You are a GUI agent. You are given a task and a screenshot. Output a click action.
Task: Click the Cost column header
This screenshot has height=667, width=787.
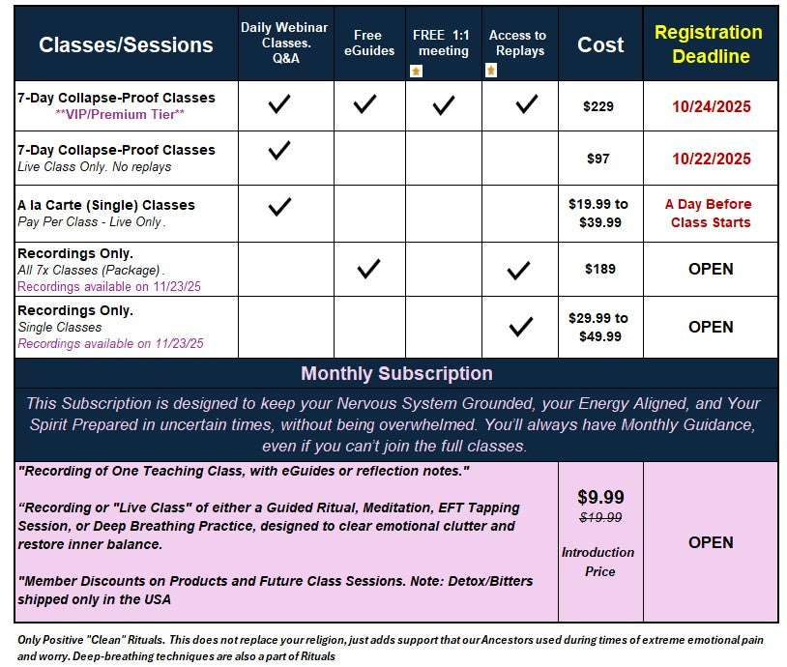coord(600,44)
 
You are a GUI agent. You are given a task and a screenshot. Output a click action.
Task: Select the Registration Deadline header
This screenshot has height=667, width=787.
coord(710,44)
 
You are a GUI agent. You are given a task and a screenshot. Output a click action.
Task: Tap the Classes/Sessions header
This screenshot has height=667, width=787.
coord(126,44)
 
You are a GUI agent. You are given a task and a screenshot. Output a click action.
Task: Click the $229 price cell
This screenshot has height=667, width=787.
coord(598,106)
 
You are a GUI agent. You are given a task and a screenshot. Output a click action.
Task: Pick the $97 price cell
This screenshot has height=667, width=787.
coord(598,159)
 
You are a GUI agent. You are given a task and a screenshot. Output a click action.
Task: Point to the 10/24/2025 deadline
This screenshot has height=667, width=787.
coord(711,106)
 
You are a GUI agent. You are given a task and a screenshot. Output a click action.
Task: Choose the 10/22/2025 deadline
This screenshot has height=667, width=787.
coord(711,159)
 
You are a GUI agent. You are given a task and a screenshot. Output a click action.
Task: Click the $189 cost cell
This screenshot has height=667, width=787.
coord(599,269)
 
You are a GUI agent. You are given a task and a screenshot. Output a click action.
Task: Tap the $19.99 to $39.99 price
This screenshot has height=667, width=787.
coord(598,213)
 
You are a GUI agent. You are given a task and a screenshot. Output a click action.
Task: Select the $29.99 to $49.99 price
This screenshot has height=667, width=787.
coord(598,327)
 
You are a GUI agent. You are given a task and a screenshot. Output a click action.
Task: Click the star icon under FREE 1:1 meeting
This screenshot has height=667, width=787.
coord(416,71)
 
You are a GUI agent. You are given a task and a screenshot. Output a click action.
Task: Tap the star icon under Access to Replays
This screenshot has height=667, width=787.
coord(492,71)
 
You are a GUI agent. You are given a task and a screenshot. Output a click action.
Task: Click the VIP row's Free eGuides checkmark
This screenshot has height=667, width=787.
coord(365,104)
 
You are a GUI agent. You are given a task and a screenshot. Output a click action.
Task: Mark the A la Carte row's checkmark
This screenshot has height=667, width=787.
coord(279,206)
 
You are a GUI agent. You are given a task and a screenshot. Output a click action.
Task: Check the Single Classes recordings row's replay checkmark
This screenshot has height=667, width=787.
coord(521,327)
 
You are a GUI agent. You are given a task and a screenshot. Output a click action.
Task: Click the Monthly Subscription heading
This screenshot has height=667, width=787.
coord(396,373)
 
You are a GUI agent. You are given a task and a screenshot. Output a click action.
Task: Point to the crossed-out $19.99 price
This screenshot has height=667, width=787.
coord(600,518)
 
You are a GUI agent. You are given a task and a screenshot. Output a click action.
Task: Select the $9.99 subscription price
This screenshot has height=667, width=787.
coord(600,497)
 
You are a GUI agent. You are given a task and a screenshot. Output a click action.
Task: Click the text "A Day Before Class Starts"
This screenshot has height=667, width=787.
coord(710,213)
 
